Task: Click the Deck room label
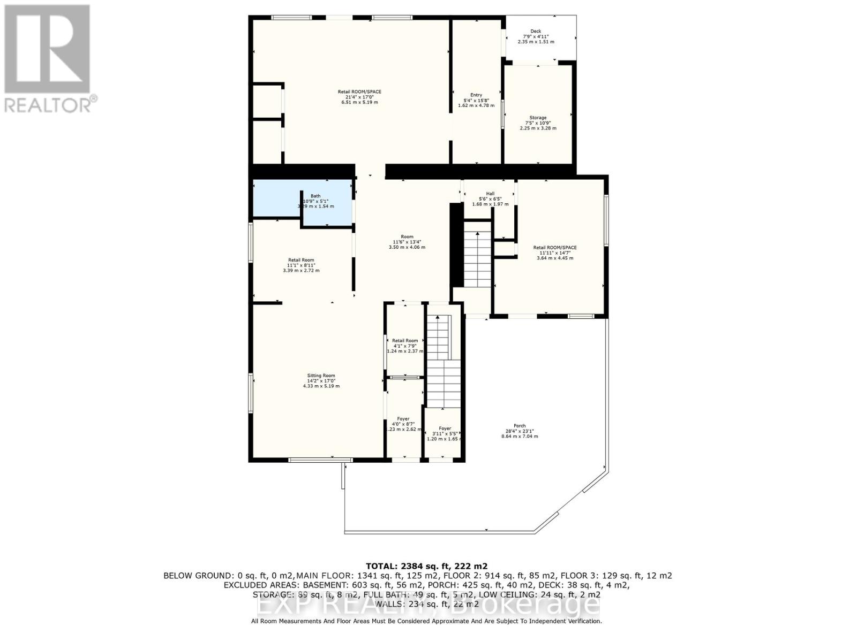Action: (x=536, y=32)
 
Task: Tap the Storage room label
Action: (x=538, y=118)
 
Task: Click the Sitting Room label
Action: (x=321, y=376)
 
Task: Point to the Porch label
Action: (x=519, y=426)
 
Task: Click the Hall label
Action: (x=490, y=194)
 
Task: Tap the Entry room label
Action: (x=476, y=95)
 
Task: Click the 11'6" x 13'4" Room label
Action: (x=407, y=237)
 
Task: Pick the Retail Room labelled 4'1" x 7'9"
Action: (x=405, y=341)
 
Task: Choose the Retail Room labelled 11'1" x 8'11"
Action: (x=301, y=261)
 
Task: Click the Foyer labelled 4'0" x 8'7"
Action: (x=403, y=419)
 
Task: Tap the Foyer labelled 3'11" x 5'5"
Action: (x=445, y=429)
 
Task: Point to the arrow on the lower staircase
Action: (x=438, y=319)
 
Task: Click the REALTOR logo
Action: (x=48, y=59)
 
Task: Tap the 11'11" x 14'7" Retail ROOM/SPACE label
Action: (x=555, y=248)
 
